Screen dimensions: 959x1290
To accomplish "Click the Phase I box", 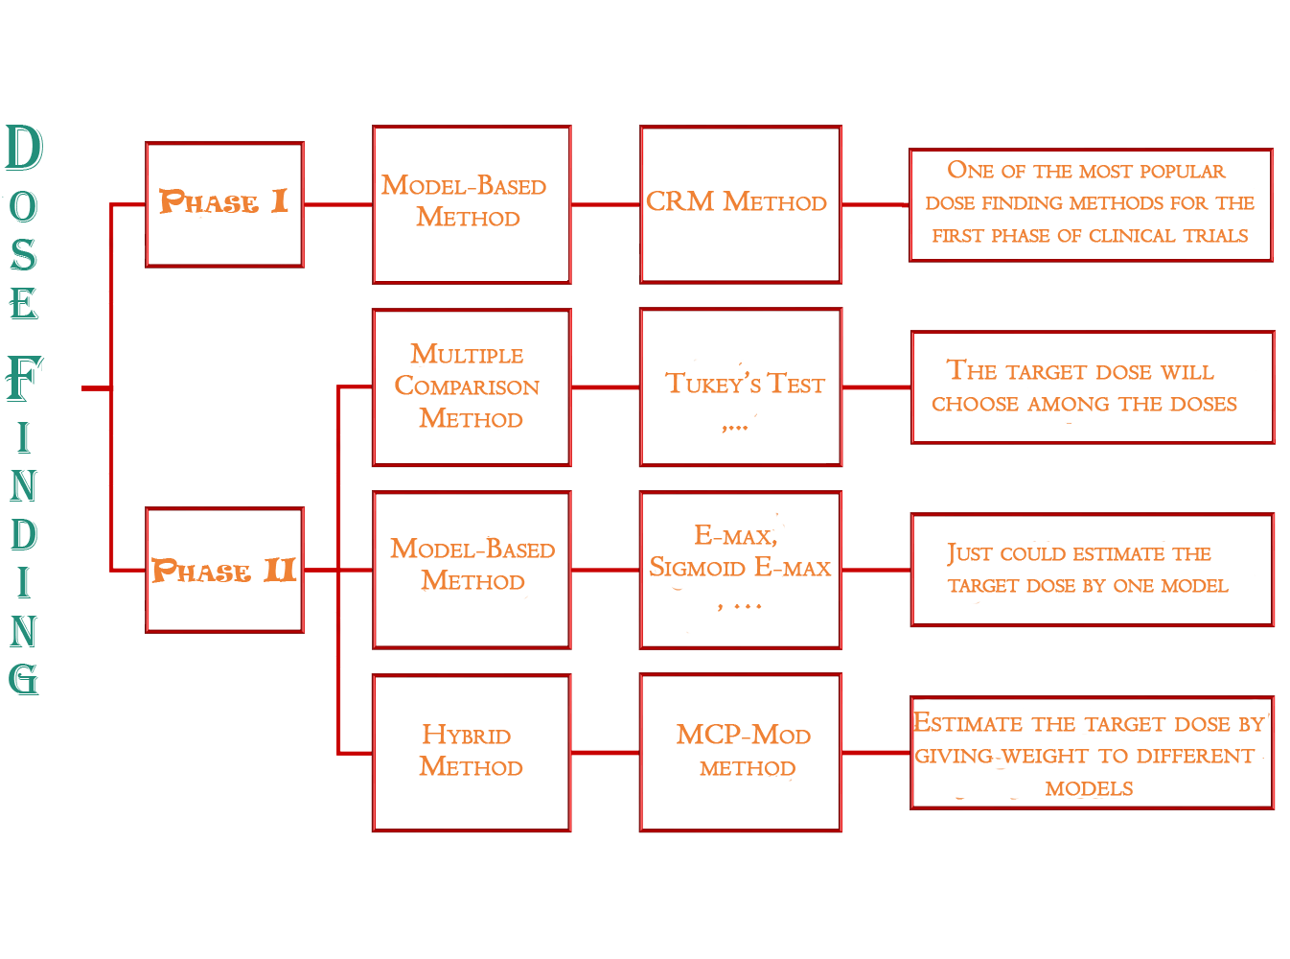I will pyautogui.click(x=224, y=204).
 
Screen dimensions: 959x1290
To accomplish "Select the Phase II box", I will pyautogui.click(x=224, y=570).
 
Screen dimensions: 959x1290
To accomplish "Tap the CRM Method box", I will pyautogui.click(x=740, y=204).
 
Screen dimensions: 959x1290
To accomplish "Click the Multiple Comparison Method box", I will pyautogui.click(x=471, y=387).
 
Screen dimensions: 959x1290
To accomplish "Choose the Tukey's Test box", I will pyautogui.click(x=740, y=387).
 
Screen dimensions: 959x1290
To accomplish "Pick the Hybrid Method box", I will pyautogui.click(x=471, y=753).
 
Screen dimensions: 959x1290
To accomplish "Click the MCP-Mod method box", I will pyautogui.click(x=740, y=753).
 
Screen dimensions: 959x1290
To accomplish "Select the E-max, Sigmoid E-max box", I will pyautogui.click(x=740, y=570).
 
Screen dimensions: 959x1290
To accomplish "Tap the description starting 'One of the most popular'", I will pyautogui.click(x=1090, y=204).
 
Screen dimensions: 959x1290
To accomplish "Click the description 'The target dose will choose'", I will pyautogui.click(x=1092, y=387).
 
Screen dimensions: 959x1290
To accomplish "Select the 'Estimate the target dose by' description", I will pyautogui.click(x=1092, y=754).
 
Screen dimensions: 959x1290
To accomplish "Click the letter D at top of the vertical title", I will pyautogui.click(x=24, y=149).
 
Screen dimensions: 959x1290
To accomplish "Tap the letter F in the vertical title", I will pyautogui.click(x=24, y=378).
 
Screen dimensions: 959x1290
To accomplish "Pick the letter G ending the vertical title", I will pyautogui.click(x=24, y=677).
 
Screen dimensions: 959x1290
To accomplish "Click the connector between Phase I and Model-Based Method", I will pyautogui.click(x=337, y=204).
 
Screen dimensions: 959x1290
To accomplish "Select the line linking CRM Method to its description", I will pyautogui.click(x=875, y=204).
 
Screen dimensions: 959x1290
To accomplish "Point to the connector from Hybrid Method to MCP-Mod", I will pyautogui.click(x=605, y=753).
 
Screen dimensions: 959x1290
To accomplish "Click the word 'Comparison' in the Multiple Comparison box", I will pyautogui.click(x=467, y=386).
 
